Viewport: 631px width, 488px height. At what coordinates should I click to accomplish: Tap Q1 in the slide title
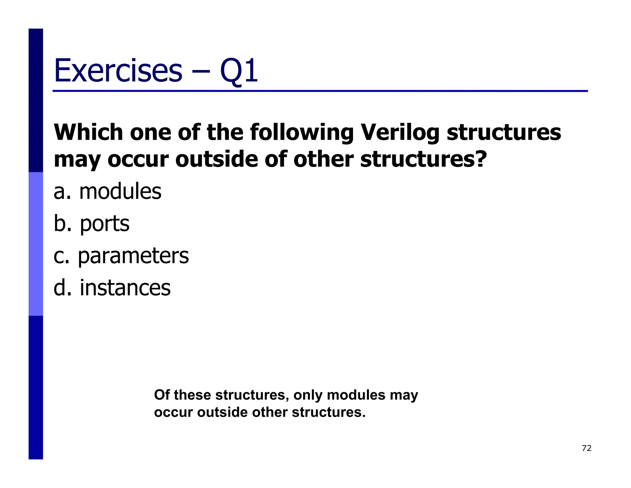pos(239,71)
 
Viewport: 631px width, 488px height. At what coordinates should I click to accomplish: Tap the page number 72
pos(586,448)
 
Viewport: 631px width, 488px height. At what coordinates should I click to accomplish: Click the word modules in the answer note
pos(356,395)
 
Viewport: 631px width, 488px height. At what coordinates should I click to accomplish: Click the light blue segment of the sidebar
pos(36,244)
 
